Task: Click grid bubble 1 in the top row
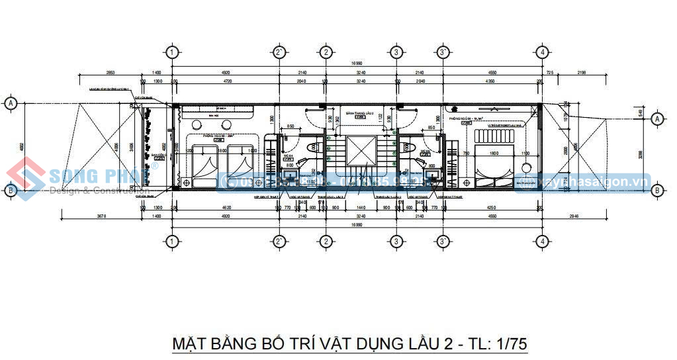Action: click(x=172, y=52)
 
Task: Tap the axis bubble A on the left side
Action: click(x=11, y=103)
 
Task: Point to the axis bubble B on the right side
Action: click(x=657, y=191)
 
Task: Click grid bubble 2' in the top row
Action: click(x=279, y=52)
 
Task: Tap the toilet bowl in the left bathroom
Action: click(x=315, y=147)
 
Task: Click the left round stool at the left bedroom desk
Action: click(x=197, y=126)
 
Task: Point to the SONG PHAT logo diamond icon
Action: click(x=25, y=178)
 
